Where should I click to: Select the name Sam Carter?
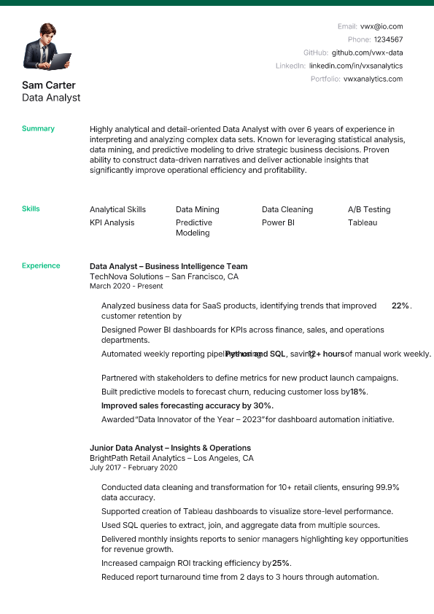point(49,85)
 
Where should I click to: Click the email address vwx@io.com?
point(381,26)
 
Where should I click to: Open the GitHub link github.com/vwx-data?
point(367,53)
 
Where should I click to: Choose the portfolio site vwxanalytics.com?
point(373,79)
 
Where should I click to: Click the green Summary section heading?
point(38,128)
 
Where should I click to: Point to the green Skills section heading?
point(31,209)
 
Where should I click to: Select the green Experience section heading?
point(41,265)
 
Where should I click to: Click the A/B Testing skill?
point(369,209)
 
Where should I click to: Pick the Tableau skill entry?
point(363,222)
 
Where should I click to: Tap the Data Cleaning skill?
point(287,209)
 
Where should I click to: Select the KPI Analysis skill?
point(112,222)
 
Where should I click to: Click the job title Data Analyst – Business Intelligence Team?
point(168,266)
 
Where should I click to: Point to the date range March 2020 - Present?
point(126,287)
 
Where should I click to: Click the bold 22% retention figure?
point(400,306)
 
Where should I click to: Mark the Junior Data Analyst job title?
point(170,448)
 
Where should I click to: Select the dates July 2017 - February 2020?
point(133,468)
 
